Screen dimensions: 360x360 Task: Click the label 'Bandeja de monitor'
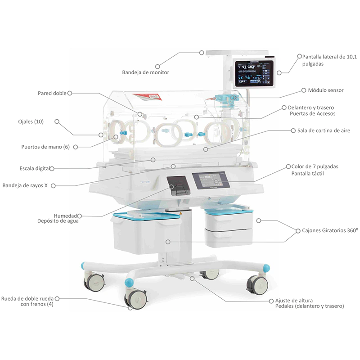click(x=145, y=72)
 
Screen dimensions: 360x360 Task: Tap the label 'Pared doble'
click(x=52, y=94)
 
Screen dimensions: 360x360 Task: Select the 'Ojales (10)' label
click(x=31, y=121)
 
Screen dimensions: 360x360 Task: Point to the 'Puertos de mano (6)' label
click(x=45, y=147)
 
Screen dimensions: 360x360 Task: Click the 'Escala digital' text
click(x=34, y=169)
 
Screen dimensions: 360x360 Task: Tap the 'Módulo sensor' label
click(x=326, y=90)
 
